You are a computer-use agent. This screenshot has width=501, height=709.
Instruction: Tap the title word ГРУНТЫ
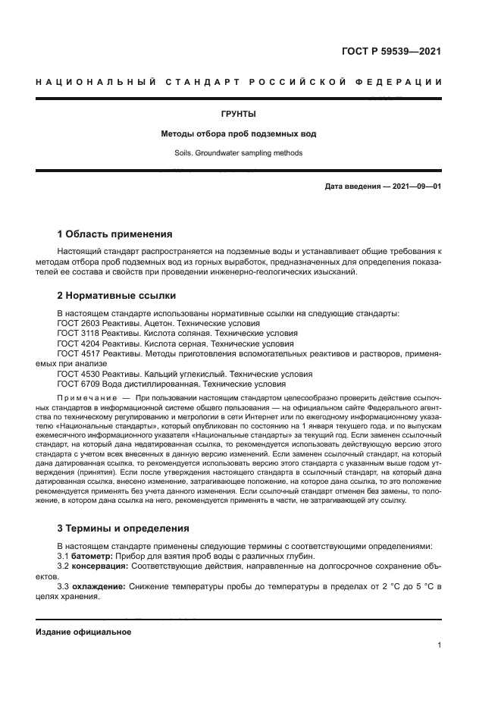tap(238, 115)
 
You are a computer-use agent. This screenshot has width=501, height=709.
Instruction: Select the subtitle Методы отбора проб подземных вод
tap(238, 134)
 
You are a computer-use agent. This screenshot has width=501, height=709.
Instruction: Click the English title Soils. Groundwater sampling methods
tap(238, 153)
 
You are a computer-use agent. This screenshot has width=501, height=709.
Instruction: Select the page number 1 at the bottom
tap(440, 645)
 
